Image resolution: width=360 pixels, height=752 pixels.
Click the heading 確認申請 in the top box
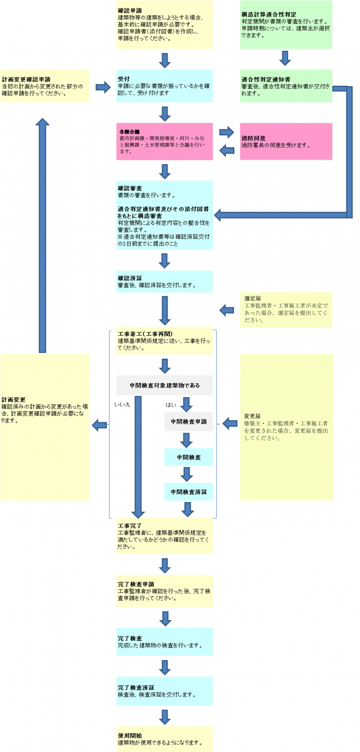(130, 11)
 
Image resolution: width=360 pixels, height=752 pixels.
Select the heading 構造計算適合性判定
(269, 14)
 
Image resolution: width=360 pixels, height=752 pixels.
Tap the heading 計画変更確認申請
(26, 79)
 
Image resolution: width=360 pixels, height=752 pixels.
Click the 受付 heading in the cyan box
(124, 79)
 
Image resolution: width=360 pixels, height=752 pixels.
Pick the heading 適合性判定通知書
(266, 79)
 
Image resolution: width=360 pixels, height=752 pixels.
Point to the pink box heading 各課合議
(130, 132)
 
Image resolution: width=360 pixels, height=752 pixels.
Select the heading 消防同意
(253, 138)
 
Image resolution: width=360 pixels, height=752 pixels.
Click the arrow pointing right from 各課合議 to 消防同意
(226, 132)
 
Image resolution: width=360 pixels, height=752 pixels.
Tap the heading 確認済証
(130, 278)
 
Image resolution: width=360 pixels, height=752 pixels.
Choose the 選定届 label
(252, 299)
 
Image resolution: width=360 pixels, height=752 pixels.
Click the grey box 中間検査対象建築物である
(164, 385)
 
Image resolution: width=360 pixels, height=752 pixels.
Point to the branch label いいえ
(122, 404)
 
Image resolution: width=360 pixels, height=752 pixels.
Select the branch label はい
(171, 405)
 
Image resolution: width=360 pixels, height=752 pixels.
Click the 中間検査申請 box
(189, 421)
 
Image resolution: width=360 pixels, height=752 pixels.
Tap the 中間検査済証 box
(189, 492)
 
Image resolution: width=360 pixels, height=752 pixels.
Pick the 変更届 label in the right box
(252, 416)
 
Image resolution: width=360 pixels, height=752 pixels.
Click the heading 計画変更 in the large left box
(13, 400)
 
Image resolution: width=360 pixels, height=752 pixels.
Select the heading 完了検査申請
(136, 584)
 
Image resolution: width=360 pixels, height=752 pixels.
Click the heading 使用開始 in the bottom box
(130, 735)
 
